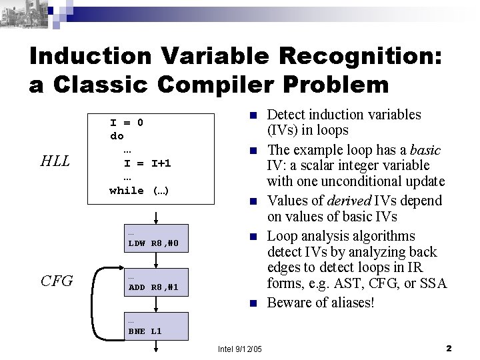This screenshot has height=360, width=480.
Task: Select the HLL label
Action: pyautogui.click(x=55, y=161)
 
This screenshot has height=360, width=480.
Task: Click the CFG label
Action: pyautogui.click(x=56, y=281)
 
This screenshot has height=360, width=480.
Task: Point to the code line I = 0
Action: pyautogui.click(x=127, y=123)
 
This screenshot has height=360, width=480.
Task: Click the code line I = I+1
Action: pyautogui.click(x=147, y=163)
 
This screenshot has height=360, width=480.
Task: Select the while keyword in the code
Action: pyautogui.click(x=126, y=190)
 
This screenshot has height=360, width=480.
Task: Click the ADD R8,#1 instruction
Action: pyautogui.click(x=153, y=288)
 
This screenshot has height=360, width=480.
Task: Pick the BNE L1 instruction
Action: pyautogui.click(x=145, y=331)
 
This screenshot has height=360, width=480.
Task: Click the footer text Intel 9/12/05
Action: pyautogui.click(x=240, y=349)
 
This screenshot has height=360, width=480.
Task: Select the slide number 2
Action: pyautogui.click(x=449, y=348)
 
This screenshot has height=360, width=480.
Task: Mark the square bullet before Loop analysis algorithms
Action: pyautogui.click(x=253, y=237)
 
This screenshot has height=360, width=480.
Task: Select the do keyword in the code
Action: pyautogui.click(x=117, y=135)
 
